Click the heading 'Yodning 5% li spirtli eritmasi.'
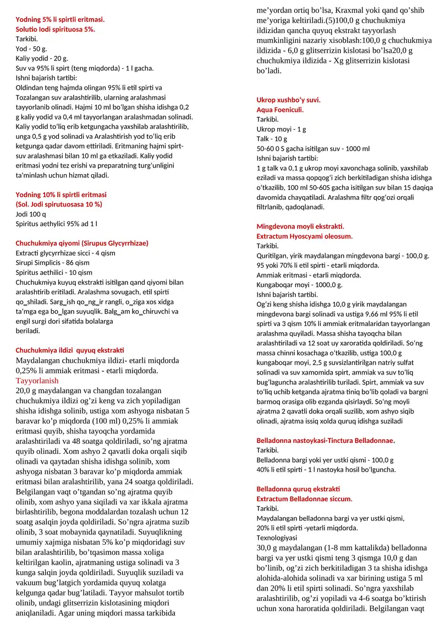tap(60, 19)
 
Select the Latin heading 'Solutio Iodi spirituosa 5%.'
tap(55, 29)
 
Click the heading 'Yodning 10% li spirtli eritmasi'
tap(61, 195)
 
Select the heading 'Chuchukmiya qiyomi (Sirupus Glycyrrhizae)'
tap(82, 243)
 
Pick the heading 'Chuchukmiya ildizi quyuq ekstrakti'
tap(70, 350)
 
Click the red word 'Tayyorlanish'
tap(36, 381)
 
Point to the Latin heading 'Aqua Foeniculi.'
tap(280, 110)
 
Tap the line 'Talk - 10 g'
tap(272, 139)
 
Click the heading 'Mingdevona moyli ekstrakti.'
tap(300, 226)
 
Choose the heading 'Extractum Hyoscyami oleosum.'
tap(305, 236)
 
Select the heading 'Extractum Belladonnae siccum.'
tap(305, 499)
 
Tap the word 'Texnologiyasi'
tap(277, 537)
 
